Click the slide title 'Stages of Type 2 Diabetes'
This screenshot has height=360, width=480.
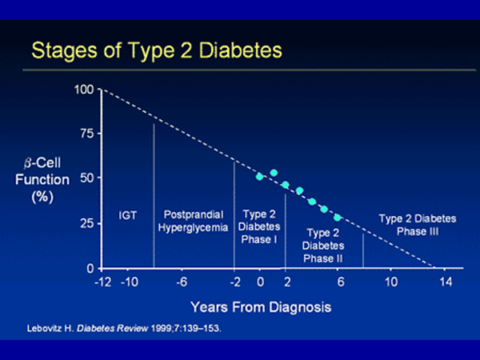[x=157, y=50]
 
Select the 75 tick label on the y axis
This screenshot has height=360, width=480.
[x=85, y=133]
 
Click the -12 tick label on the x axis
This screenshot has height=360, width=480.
[x=102, y=282]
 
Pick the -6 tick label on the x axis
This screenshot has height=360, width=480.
[x=182, y=282]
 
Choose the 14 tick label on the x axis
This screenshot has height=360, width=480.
[x=446, y=282]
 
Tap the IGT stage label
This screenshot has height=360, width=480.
[x=127, y=215]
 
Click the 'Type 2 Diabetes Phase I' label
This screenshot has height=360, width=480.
[x=259, y=227]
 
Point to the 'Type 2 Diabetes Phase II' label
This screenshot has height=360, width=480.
[x=324, y=245]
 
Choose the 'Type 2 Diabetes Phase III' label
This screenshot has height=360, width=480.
[x=417, y=224]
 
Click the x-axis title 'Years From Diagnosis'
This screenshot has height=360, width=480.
[x=261, y=306]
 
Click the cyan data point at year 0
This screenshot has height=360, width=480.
[x=260, y=177]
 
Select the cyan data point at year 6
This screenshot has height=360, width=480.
[x=338, y=218]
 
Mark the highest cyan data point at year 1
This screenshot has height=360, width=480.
[x=274, y=173]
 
